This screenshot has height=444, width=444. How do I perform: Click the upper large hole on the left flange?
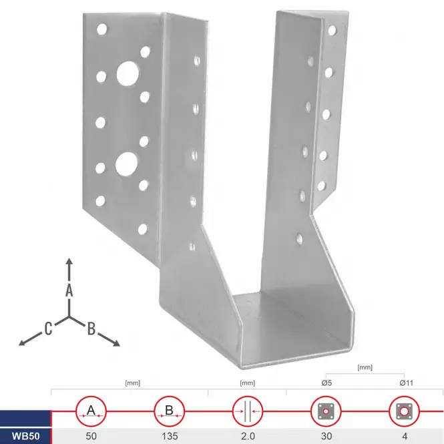(128, 73)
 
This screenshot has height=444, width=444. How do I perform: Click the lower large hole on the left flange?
(126, 164)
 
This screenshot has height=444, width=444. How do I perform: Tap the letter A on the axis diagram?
(69, 290)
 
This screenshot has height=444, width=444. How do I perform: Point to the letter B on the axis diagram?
(91, 329)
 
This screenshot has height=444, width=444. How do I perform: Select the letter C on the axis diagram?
(49, 328)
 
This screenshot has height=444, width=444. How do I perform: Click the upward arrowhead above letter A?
(69, 261)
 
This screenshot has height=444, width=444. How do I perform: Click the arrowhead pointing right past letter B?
(116, 343)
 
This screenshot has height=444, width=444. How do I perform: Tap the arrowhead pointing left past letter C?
(23, 343)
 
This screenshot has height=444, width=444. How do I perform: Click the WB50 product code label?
(26, 436)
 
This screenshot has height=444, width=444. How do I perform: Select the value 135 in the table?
(170, 436)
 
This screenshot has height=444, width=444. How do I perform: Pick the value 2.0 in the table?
(248, 436)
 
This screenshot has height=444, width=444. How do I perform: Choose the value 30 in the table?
(326, 436)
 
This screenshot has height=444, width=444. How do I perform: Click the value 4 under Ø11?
(405, 436)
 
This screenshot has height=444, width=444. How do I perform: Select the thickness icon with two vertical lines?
(248, 411)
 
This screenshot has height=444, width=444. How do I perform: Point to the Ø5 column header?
(326, 383)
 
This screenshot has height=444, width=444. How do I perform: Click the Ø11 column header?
(407, 383)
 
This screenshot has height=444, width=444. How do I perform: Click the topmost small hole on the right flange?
(332, 30)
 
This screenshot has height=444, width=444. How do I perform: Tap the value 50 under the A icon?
(91, 436)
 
